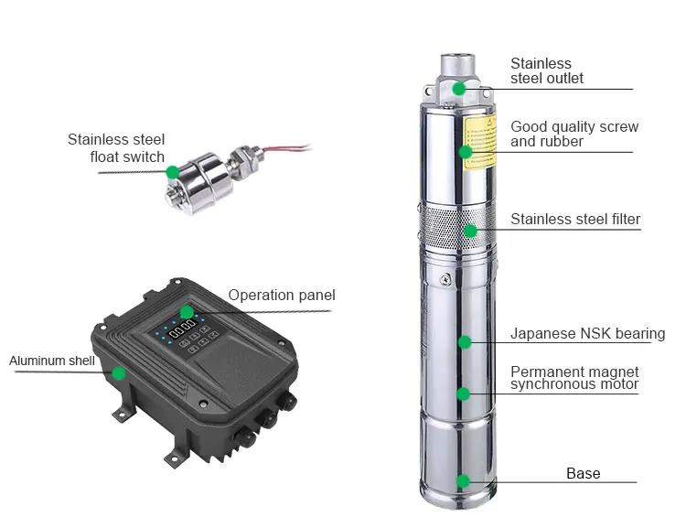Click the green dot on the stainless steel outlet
tap(458, 89)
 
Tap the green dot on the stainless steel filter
tap(470, 231)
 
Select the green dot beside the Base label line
tap(463, 481)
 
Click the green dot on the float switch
tap(173, 172)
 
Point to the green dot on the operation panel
tap(187, 312)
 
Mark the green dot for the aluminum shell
tap(118, 373)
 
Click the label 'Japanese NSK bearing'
tap(587, 334)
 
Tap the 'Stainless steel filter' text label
tap(575, 219)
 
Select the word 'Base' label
tap(584, 473)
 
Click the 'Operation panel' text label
tap(282, 295)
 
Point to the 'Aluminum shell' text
tap(51, 361)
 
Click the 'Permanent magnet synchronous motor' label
tap(574, 378)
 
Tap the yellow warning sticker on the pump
tap(480, 143)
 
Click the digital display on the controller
tap(183, 328)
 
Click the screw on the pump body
tap(445, 279)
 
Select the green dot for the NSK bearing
tap(465, 342)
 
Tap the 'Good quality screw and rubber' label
tap(574, 134)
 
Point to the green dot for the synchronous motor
tap(464, 393)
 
